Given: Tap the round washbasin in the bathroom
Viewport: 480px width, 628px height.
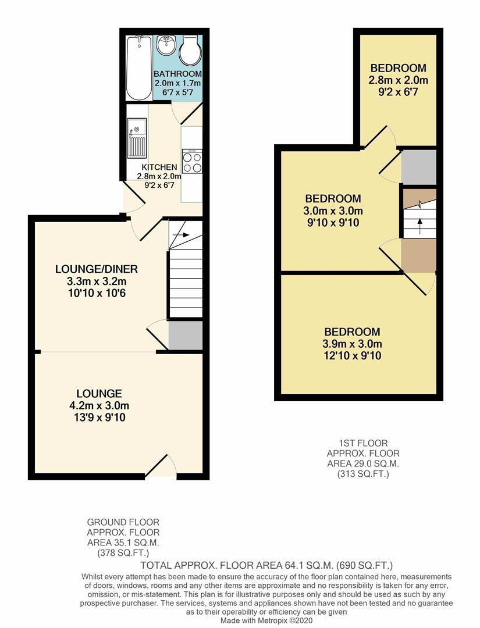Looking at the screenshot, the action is tap(165, 45).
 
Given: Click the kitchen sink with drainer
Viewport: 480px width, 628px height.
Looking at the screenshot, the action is tap(137, 138).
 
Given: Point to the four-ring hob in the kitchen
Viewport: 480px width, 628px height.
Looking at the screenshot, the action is tap(192, 161).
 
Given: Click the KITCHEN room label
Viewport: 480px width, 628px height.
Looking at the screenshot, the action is tap(159, 167).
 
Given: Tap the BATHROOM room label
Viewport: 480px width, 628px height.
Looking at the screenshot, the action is tap(178, 74).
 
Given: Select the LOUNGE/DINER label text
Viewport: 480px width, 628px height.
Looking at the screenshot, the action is tap(97, 269).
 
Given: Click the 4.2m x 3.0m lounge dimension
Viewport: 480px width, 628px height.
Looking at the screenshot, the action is tap(99, 405).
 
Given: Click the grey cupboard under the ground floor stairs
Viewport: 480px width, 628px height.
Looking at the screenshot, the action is tap(185, 336).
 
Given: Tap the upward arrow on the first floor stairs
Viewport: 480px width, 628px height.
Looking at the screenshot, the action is tap(419, 226).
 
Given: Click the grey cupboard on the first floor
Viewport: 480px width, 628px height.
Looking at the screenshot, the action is tap(419, 167).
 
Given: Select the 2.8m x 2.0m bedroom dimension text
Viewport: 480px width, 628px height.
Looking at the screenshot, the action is tap(399, 80).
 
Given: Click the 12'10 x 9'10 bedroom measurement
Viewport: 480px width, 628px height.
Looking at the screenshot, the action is tap(352, 355).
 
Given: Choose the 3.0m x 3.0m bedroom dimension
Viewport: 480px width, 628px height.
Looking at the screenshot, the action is tap(333, 210).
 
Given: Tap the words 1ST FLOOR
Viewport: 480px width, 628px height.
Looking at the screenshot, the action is tap(364, 443).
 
